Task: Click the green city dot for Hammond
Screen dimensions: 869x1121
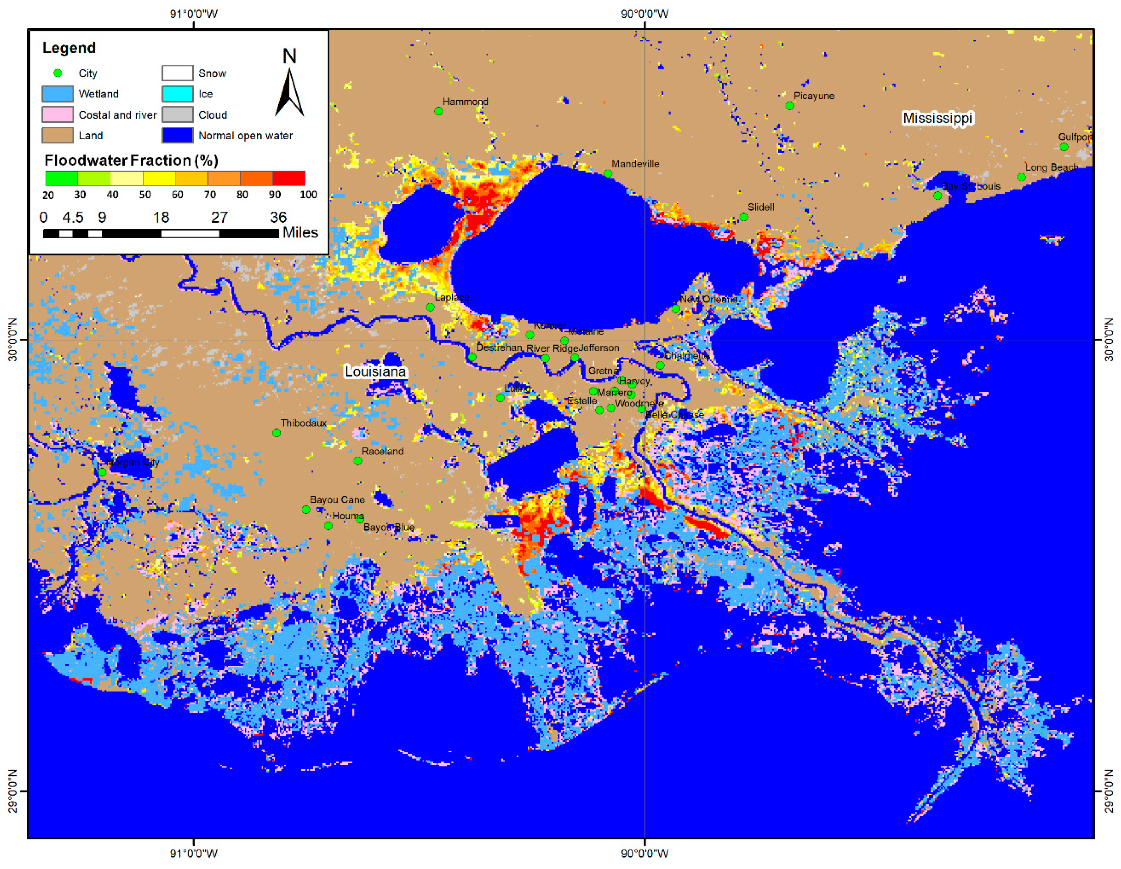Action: [438, 111]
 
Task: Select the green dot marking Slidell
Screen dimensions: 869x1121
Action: [743, 217]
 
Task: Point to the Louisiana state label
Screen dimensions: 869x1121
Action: [375, 371]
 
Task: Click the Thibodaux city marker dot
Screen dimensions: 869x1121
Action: [276, 433]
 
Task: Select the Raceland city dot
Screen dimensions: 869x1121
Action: [358, 461]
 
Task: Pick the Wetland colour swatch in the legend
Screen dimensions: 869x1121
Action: [57, 94]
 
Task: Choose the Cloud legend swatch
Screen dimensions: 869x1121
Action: [178, 115]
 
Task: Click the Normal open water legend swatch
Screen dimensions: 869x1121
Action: [178, 135]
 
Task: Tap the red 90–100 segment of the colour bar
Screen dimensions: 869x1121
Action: [289, 178]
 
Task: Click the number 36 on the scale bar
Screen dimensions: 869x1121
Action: [278, 217]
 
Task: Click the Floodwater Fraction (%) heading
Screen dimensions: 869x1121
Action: [131, 161]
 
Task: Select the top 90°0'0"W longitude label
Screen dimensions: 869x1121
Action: [645, 14]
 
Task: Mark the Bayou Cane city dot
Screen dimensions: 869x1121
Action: [306, 509]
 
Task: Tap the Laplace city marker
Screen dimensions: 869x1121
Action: [430, 307]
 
